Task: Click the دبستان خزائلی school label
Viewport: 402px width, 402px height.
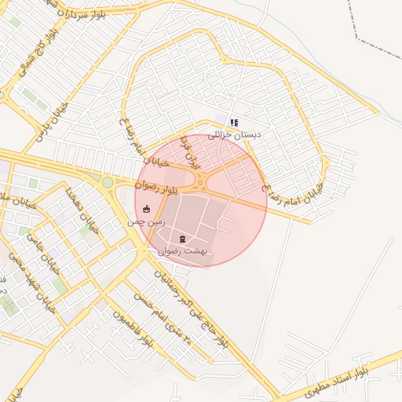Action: pyautogui.click(x=234, y=135)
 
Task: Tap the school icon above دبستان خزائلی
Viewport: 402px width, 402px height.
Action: pyautogui.click(x=234, y=122)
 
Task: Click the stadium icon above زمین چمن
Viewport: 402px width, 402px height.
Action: pyautogui.click(x=146, y=209)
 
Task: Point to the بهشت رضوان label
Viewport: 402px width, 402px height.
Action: pyautogui.click(x=181, y=251)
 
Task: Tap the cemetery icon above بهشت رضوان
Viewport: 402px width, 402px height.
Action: pyautogui.click(x=183, y=238)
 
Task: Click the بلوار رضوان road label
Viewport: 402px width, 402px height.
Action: pyautogui.click(x=157, y=187)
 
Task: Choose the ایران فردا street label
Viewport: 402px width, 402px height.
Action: pyautogui.click(x=190, y=154)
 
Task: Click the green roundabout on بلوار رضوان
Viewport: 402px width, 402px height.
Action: pyautogui.click(x=107, y=182)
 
